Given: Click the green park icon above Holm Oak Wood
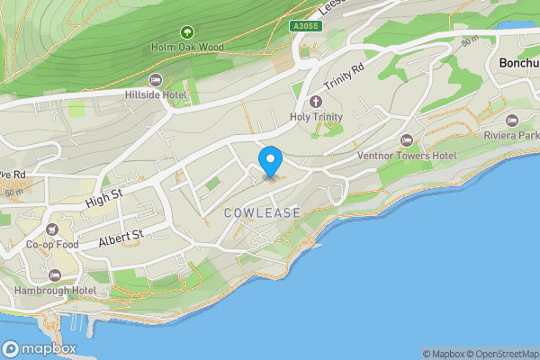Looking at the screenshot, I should point(187,32).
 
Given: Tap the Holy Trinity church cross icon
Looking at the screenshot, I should point(316,102).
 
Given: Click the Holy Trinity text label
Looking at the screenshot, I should point(316,117).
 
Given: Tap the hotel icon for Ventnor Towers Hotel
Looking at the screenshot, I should point(407,139).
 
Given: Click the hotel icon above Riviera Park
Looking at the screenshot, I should point(513,120).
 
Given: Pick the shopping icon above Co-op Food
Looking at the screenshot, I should point(52,229).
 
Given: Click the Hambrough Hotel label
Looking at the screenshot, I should point(56,291).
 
